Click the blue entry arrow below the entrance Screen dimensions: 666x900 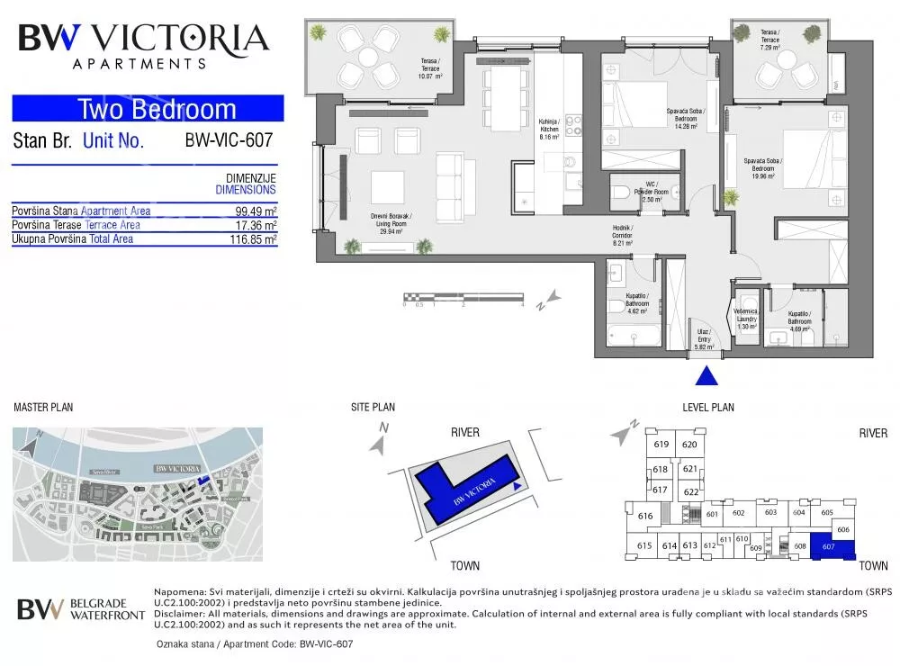(708, 376)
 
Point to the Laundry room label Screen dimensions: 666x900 (746, 319)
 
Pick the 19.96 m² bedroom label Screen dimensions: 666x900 (763, 170)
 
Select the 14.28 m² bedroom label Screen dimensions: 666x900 (687, 120)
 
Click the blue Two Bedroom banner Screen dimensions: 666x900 (148, 110)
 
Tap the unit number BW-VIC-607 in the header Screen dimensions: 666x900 (228, 140)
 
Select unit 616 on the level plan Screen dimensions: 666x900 (643, 517)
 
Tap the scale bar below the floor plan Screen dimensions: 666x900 (463, 296)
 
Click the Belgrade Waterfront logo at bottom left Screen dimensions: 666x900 (81, 609)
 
